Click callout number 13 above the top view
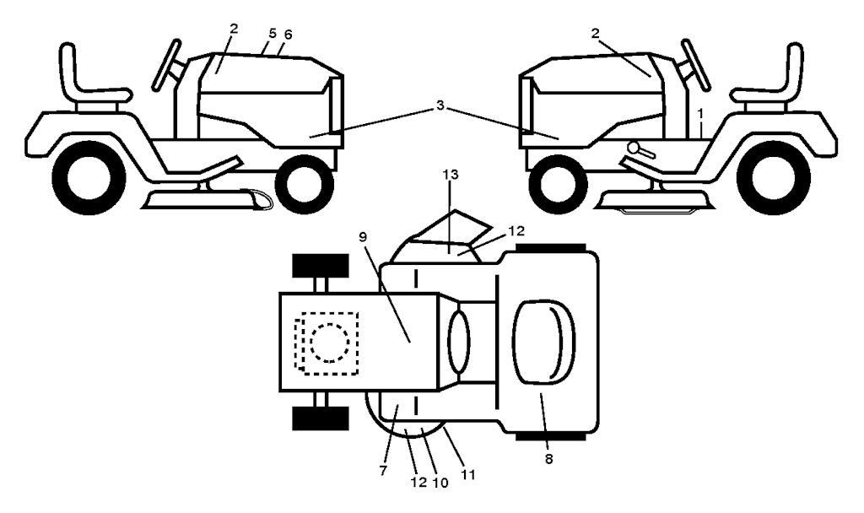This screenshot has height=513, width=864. tap(451, 174)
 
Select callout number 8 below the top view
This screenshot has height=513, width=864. tap(548, 458)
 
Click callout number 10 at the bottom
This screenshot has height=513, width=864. tap(440, 482)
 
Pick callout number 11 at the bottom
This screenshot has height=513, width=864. tap(468, 474)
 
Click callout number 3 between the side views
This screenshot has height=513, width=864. tap(440, 105)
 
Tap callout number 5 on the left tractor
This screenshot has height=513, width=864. tap(273, 33)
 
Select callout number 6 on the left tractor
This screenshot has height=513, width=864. tap(288, 34)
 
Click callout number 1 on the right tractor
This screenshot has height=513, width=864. tap(700, 114)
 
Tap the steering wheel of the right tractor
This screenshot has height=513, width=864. tap(696, 65)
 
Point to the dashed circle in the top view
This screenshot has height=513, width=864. tap(330, 343)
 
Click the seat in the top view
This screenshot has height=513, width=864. tap(544, 342)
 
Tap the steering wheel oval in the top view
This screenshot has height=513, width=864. tap(460, 342)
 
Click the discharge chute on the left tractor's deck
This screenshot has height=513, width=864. tap(257, 199)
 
